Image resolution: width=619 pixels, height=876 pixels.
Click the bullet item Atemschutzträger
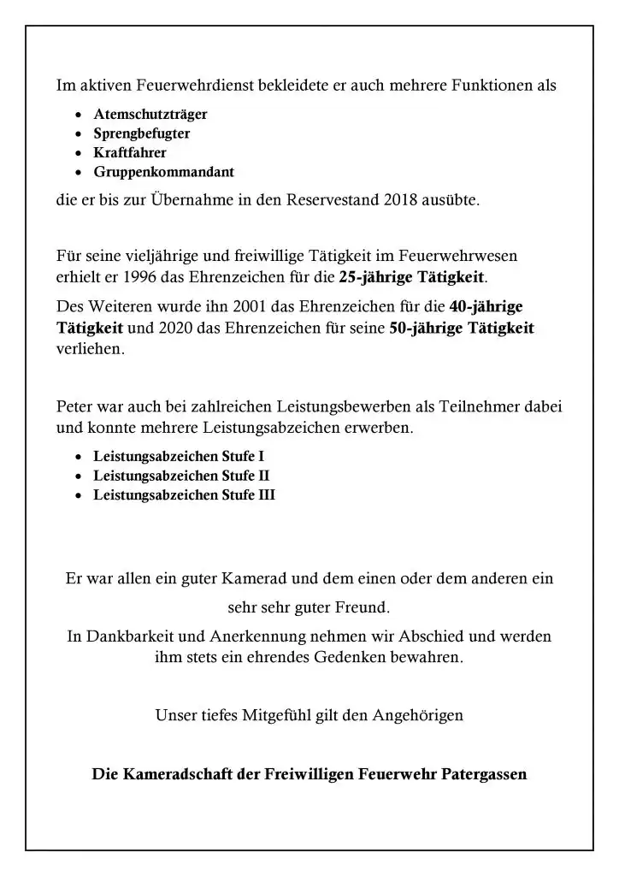point(150,114)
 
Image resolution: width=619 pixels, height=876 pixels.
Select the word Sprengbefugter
point(142,133)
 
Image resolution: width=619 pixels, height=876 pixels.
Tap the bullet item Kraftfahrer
point(130,153)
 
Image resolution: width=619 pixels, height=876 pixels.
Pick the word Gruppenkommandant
point(163,172)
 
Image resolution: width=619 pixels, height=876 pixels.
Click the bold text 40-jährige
point(486,307)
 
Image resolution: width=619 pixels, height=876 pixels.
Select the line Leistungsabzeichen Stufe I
point(185,457)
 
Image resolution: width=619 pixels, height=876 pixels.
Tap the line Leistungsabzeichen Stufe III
point(185,495)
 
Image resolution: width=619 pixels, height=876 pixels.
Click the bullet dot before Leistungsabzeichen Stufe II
point(79,476)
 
